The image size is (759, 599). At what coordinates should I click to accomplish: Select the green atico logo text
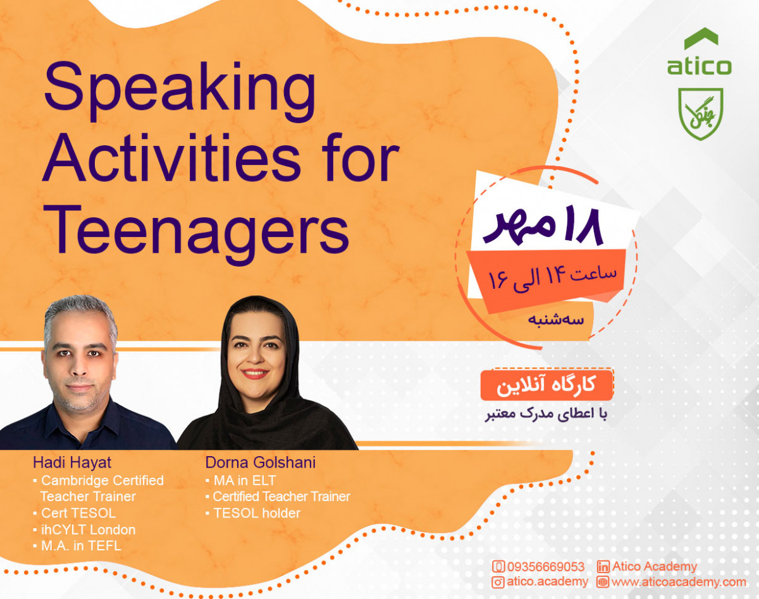pos(699,66)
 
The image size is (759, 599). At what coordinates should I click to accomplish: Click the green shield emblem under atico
pos(700,113)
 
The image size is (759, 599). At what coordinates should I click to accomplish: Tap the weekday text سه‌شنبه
pos(557,319)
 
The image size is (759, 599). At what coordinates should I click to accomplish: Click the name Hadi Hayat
pos(72,463)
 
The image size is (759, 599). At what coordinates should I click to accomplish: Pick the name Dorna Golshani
pos(260,463)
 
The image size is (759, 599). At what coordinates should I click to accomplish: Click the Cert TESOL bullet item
pos(78,513)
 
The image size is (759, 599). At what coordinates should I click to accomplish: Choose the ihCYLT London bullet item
pos(88,529)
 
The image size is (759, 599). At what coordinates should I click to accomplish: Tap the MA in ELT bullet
pos(244,480)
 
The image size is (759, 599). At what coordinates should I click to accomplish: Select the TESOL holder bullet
pos(256,513)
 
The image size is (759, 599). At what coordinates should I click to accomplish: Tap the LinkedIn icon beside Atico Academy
pos(603,566)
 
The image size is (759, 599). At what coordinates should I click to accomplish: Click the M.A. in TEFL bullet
pos(80,546)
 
